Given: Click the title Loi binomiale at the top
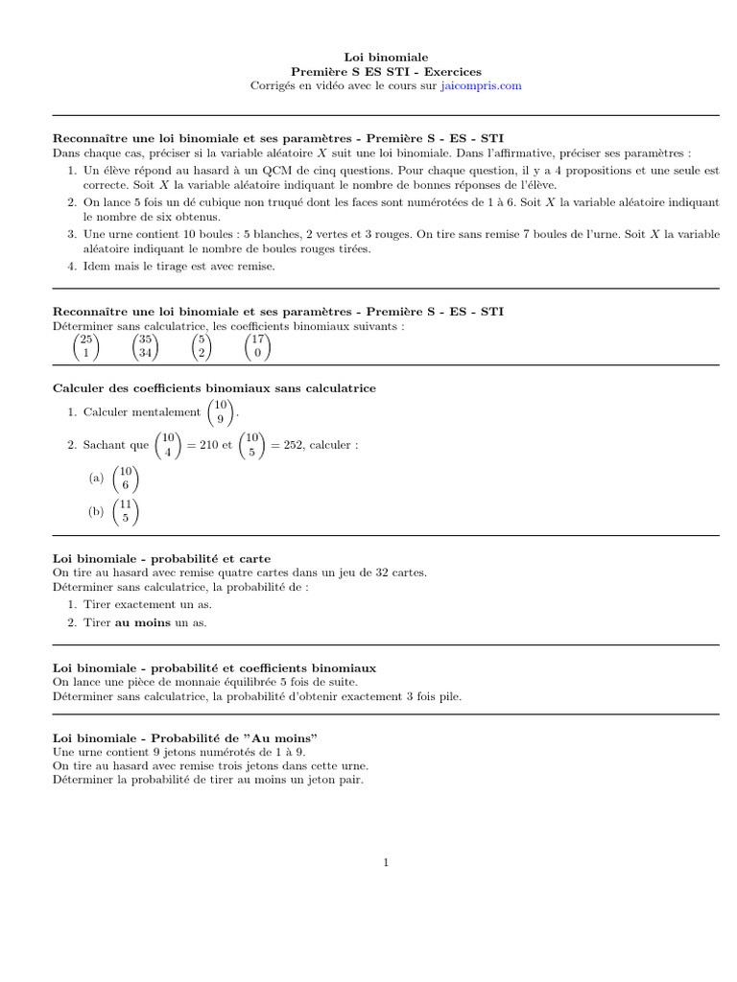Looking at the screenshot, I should coord(386,58).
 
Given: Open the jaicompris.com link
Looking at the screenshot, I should coord(481,85).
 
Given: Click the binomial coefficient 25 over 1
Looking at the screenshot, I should coord(85,346).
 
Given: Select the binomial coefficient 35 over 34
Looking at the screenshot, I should coord(145,346).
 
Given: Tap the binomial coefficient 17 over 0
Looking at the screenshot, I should coord(257,346).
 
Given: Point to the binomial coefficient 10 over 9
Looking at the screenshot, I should coord(221,412).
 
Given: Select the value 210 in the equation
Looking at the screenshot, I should coord(202,445).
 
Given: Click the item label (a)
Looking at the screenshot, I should coord(96,478).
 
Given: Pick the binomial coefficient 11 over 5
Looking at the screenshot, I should coord(125,511).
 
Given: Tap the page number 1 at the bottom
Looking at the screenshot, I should coord(386,863).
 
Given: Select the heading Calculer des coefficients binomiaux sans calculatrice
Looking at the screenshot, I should coord(214,387).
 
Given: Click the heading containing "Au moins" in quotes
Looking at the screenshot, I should coord(185,737).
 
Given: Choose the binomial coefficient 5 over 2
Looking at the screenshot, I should coord(201,346).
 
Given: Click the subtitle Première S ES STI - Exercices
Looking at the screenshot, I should coord(386,72).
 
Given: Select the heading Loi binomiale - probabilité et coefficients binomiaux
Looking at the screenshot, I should coord(214,666).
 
